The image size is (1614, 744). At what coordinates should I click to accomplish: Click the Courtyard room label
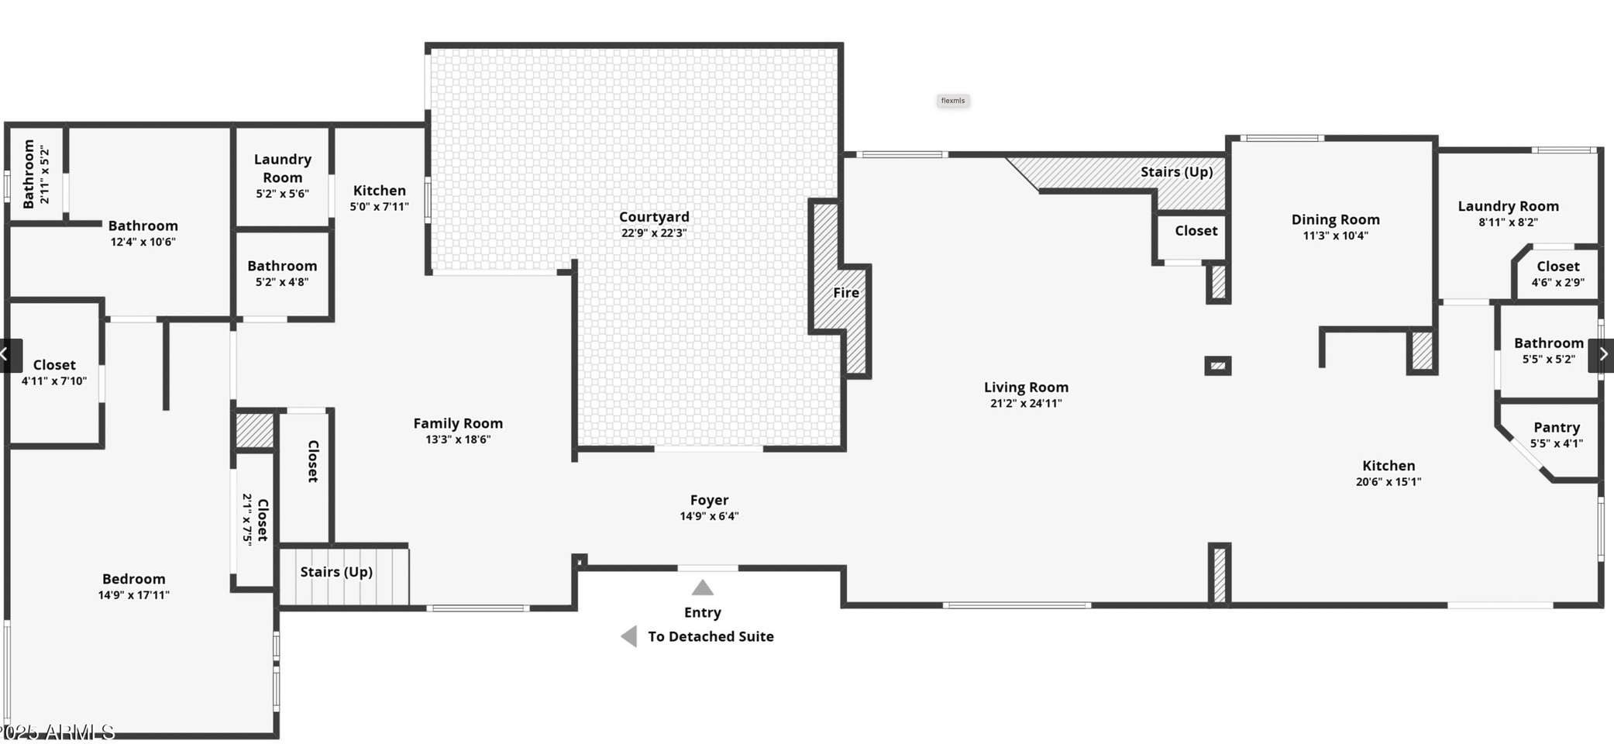654,217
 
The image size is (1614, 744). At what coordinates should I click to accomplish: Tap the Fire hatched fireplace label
845,293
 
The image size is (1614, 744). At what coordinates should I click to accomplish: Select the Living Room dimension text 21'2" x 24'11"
1026,403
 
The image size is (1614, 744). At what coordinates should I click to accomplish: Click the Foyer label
709,501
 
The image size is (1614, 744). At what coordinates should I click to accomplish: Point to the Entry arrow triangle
702,588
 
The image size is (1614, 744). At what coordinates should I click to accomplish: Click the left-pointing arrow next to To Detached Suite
629,636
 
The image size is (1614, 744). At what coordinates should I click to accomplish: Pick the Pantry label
1556,428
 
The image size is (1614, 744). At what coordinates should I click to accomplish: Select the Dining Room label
1335,220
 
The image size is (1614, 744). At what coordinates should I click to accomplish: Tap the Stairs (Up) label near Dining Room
1176,172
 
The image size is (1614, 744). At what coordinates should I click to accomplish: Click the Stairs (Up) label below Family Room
336,572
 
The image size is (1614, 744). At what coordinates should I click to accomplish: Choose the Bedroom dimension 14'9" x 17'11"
133,595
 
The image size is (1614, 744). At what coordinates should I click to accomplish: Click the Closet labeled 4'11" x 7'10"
54,365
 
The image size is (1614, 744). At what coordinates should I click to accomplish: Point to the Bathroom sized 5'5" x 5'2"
1548,343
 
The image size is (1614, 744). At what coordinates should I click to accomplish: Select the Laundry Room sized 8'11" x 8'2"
1508,206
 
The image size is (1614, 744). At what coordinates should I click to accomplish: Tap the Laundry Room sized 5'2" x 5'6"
282,168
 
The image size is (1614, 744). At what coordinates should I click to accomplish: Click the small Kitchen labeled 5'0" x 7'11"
379,191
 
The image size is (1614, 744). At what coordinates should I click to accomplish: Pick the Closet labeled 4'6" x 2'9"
1557,267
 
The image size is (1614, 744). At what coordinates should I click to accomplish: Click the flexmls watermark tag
952,101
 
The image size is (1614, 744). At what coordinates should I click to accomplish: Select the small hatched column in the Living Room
1217,366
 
